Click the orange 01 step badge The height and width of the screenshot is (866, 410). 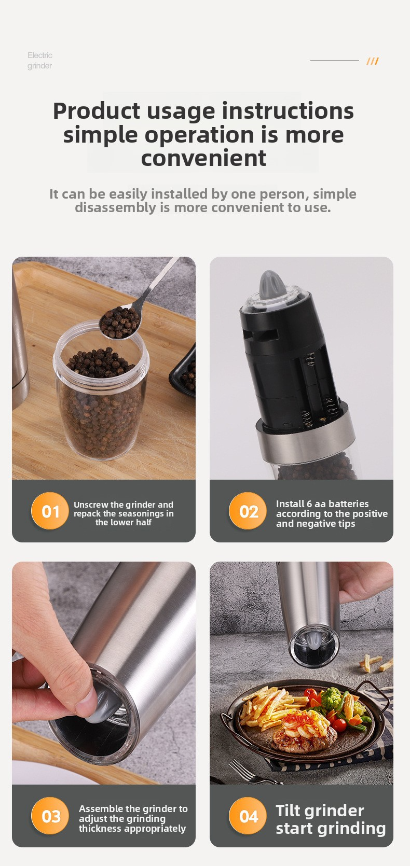50,511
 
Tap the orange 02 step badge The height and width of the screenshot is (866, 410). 248,511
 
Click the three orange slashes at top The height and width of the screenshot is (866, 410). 373,61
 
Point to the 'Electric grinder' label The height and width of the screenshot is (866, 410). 40,60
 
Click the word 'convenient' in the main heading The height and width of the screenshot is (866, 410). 203,158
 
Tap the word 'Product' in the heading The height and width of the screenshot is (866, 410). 97,111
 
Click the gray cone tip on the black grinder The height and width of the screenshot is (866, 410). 271,286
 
